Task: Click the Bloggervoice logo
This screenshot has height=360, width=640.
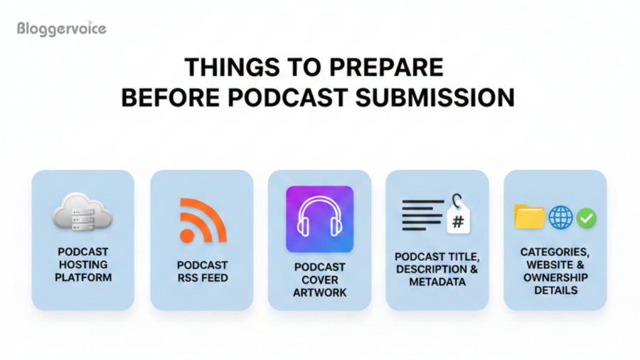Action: click(x=62, y=29)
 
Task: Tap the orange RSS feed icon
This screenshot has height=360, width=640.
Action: click(x=202, y=220)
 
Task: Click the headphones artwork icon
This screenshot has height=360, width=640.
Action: click(x=319, y=219)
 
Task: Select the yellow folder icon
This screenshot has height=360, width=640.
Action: click(x=529, y=217)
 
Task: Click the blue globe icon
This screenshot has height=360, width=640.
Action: click(x=560, y=218)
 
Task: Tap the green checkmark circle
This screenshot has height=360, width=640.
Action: click(x=587, y=218)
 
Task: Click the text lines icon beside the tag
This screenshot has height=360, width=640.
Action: click(x=422, y=214)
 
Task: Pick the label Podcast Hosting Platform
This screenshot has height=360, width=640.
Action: click(x=83, y=264)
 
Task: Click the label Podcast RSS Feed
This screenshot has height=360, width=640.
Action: click(x=202, y=271)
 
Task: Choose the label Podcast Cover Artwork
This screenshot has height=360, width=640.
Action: click(x=319, y=280)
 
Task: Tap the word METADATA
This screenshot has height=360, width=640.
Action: click(x=437, y=282)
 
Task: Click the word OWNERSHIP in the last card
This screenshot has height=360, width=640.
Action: click(x=555, y=277)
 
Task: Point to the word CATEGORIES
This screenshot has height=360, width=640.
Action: click(x=555, y=252)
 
